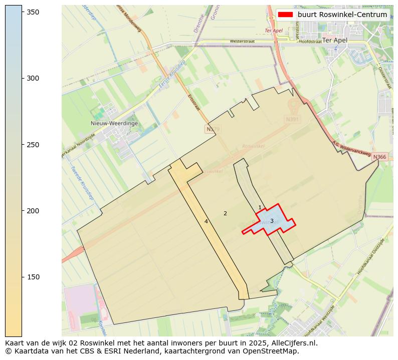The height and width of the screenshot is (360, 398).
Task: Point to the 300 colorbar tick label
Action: pos(33,78)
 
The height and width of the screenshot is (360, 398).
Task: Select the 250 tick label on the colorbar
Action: pos(33,145)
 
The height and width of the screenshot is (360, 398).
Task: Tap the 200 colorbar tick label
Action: pos(33,211)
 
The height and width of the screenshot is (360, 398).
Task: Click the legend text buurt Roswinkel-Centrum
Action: pos(342,15)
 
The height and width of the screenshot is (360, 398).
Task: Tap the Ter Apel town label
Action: pos(335,40)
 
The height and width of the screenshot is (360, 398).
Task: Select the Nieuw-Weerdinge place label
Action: pos(114,123)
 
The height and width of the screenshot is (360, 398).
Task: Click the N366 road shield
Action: pos(379,157)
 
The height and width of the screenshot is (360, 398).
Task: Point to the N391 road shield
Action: pos(292,119)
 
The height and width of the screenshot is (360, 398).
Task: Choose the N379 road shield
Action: pos(213,129)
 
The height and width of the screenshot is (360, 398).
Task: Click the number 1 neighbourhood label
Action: pos(260,207)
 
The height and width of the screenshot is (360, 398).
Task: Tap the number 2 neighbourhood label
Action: pos(225,213)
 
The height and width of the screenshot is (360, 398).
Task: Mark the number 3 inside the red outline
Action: pos(272,221)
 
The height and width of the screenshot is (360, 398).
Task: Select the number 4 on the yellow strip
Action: pos(206,221)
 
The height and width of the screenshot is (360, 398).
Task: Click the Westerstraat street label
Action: pos(242,42)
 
